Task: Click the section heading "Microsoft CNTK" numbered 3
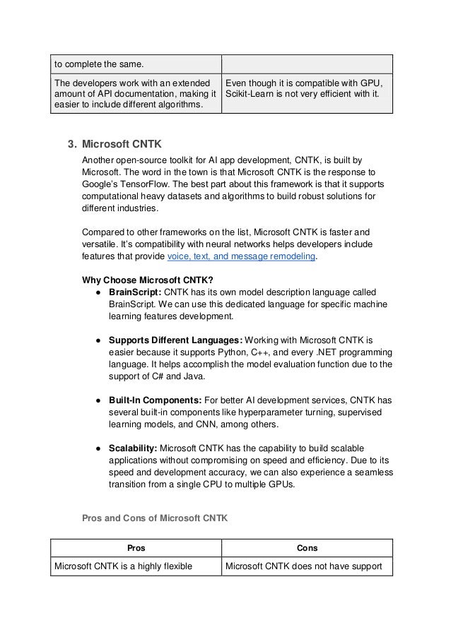coord(122,145)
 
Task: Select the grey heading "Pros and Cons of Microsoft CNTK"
coord(155,518)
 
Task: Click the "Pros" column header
coord(136,547)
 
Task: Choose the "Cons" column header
coord(307,547)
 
